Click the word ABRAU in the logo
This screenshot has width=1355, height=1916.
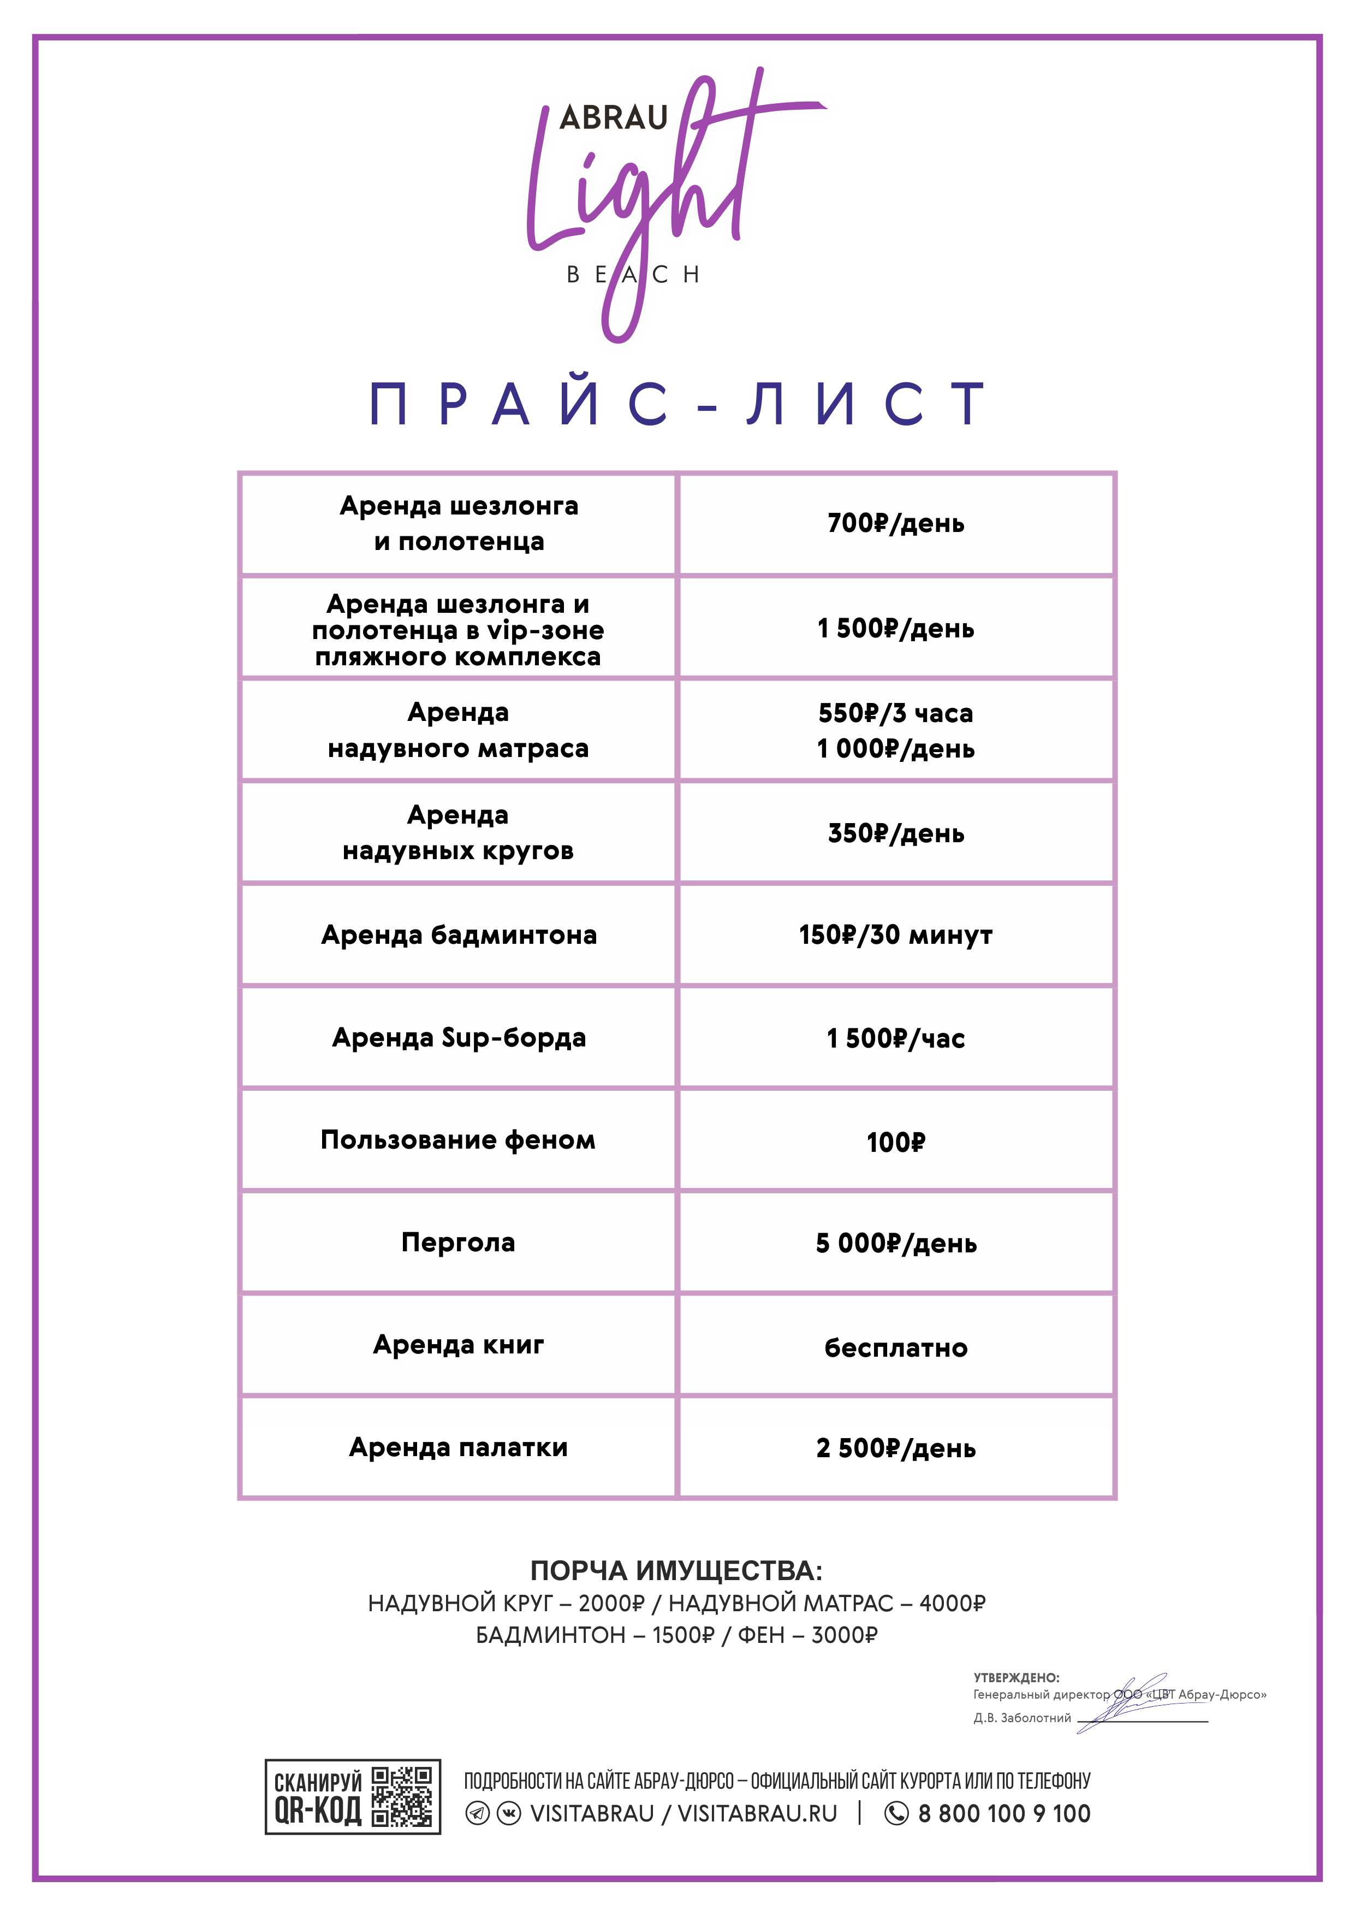coord(613,117)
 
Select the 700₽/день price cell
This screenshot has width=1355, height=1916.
coord(895,523)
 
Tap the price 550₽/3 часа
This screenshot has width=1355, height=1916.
coord(895,713)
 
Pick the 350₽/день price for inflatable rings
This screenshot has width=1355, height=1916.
coord(895,833)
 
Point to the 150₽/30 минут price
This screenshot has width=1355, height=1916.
coord(895,935)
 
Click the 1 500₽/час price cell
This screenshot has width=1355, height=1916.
coord(895,1038)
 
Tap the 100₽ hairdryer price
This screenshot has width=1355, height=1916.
coord(895,1142)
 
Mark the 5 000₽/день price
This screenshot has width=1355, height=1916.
coord(895,1244)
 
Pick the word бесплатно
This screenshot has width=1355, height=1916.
coord(895,1347)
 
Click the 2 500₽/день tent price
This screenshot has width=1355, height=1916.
coord(895,1448)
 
